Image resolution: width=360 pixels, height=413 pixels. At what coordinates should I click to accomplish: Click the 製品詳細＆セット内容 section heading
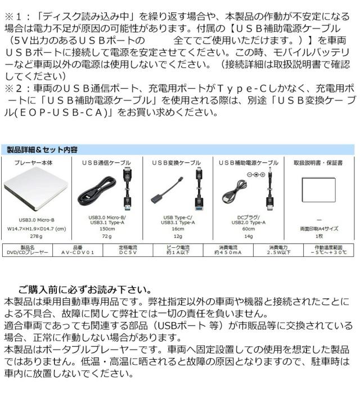[x=42, y=150]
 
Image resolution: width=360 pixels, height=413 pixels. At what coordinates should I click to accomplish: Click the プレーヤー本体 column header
[x=36, y=162]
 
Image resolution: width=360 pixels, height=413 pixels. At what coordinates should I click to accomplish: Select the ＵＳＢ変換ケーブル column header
[x=176, y=162]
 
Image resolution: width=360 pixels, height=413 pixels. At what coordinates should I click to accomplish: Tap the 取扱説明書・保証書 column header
[x=318, y=162]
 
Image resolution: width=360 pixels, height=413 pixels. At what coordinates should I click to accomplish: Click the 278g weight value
[x=36, y=238]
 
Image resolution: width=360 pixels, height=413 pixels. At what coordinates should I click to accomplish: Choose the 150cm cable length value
[x=107, y=229]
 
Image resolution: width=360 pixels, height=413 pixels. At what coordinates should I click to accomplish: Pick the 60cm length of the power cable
[x=248, y=229]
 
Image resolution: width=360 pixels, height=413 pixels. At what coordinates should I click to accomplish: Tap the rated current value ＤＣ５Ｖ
[x=126, y=253]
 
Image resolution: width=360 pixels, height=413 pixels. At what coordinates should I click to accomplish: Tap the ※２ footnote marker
[x=16, y=88]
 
